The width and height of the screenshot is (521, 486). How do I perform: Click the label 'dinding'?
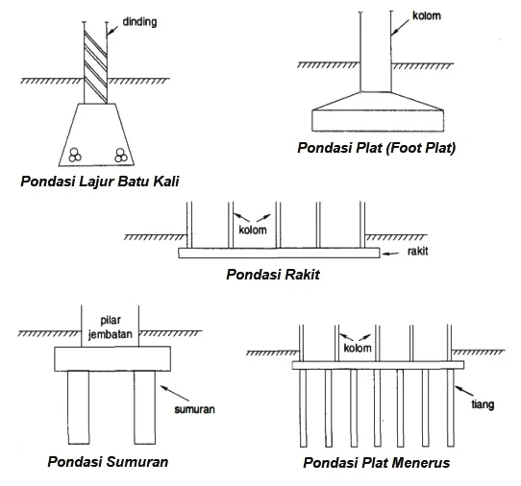tap(139, 22)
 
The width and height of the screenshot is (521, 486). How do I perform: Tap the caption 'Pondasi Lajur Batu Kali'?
tap(100, 182)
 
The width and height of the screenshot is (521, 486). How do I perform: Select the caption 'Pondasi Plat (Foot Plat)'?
tap(377, 148)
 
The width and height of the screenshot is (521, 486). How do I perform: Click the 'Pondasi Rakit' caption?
tap(273, 275)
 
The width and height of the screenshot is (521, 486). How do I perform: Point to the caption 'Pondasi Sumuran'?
tap(108, 461)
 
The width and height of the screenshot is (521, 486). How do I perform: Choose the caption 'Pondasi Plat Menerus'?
tap(377, 462)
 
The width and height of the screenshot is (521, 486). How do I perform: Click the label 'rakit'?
tap(417, 251)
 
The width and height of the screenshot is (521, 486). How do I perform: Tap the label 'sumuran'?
tap(195, 409)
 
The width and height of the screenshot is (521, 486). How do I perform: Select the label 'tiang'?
tap(483, 404)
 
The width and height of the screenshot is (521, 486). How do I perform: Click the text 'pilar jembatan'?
tap(111, 328)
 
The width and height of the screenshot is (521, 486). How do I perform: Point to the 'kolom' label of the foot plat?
tap(427, 15)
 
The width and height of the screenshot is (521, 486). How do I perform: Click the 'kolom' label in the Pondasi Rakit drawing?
tap(253, 230)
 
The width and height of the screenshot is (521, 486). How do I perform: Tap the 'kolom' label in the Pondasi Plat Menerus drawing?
tap(358, 349)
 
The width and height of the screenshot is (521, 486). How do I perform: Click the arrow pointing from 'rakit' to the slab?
tap(390, 254)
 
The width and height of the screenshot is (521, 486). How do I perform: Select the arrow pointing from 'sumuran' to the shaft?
tap(175, 393)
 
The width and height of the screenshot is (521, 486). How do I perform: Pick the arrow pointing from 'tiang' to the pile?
tap(464, 390)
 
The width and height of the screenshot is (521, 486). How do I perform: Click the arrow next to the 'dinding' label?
tap(113, 30)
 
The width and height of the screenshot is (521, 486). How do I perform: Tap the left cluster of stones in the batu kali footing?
tap(75, 155)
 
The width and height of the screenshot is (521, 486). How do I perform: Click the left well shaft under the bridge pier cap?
tap(79, 407)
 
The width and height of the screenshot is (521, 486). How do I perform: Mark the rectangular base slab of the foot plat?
tap(378, 120)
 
